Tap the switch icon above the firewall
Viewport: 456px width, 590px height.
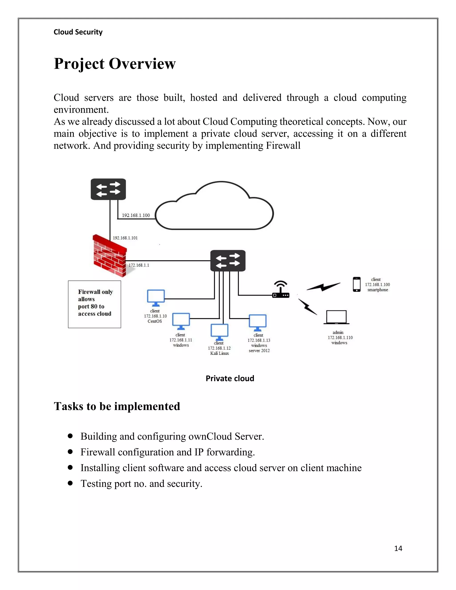click(108, 189)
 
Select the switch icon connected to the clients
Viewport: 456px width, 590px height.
click(228, 260)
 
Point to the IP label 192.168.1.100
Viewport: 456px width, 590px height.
click(136, 215)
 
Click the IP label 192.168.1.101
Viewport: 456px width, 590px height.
click(125, 238)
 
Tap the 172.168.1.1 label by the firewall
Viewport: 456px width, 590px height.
click(138, 265)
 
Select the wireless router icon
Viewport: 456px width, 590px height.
click(281, 290)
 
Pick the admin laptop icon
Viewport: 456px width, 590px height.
click(336, 317)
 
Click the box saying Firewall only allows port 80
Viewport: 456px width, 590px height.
click(95, 304)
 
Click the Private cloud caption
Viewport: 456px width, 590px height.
click(230, 378)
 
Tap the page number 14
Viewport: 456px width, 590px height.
click(398, 548)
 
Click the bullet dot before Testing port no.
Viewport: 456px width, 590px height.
click(71, 483)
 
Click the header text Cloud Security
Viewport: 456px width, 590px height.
click(78, 32)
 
